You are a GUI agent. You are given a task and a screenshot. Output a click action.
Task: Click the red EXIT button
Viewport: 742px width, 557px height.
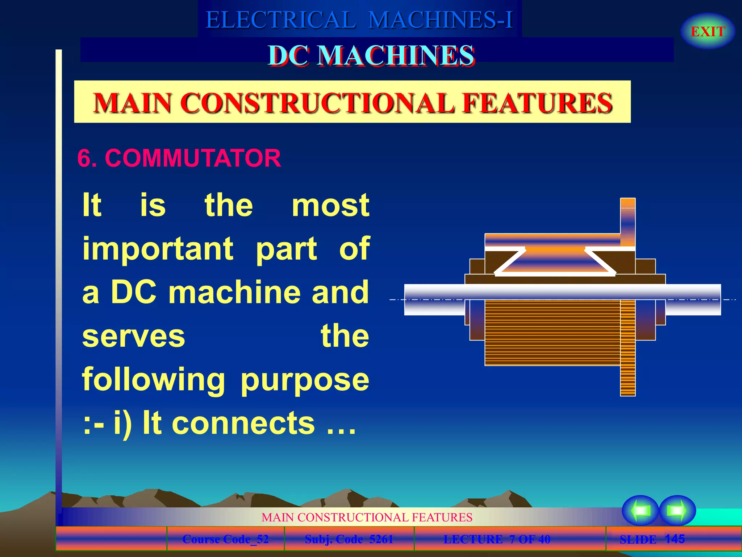(708, 32)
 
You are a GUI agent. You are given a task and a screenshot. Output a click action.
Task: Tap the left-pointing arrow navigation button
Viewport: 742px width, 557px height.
(640, 510)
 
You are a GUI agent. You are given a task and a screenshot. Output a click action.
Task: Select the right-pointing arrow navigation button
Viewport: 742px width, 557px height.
(677, 510)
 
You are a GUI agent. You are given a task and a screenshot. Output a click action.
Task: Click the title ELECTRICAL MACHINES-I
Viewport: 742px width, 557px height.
(359, 20)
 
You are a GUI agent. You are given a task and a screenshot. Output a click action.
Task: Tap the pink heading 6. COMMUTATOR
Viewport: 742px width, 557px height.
(179, 158)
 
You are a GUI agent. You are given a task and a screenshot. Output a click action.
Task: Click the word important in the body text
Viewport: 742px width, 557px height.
(158, 249)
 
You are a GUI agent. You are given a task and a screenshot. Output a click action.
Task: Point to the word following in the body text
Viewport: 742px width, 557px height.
(154, 380)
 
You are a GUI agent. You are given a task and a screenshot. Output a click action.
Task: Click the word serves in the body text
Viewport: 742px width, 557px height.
(134, 336)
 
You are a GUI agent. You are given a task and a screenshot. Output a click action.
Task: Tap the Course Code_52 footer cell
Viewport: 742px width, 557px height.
(225, 539)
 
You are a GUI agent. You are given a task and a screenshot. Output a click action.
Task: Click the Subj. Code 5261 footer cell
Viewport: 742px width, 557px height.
(349, 539)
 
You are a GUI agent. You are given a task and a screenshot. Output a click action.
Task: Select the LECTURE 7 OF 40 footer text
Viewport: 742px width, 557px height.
(497, 539)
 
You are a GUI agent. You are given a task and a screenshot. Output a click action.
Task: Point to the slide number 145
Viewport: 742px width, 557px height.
(675, 539)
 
